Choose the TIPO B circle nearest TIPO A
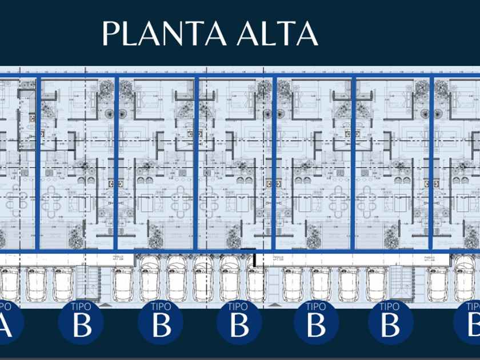point(82,323)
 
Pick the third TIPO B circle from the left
point(238,323)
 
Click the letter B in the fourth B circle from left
point(315,327)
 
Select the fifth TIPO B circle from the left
point(390,323)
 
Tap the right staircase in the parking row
point(411,280)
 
